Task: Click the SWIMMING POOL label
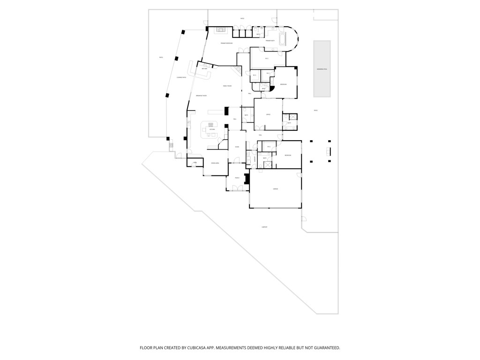coord(322,69)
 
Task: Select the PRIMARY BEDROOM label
coord(227,43)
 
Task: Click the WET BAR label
coord(204,69)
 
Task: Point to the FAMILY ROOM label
coord(227,86)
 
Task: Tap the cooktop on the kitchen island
coord(211,125)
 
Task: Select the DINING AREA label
coord(215,163)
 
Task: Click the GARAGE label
coord(276,189)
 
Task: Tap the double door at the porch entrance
coord(238,188)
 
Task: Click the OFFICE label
coord(268,114)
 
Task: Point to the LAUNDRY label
coord(255,158)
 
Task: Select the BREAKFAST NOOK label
coord(202,96)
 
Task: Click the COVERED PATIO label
coord(181,77)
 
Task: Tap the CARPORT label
coord(265,227)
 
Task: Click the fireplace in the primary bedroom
coord(220,31)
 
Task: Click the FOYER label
coord(237,147)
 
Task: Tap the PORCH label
coord(237,178)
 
